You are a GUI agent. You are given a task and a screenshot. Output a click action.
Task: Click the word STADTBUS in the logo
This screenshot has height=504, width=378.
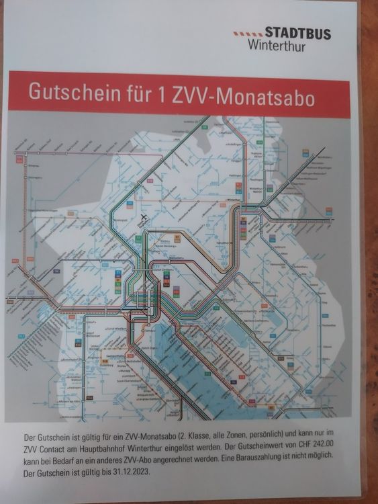click(297, 33)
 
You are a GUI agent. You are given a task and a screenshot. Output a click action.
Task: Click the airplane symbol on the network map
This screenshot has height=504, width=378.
click(142, 217)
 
